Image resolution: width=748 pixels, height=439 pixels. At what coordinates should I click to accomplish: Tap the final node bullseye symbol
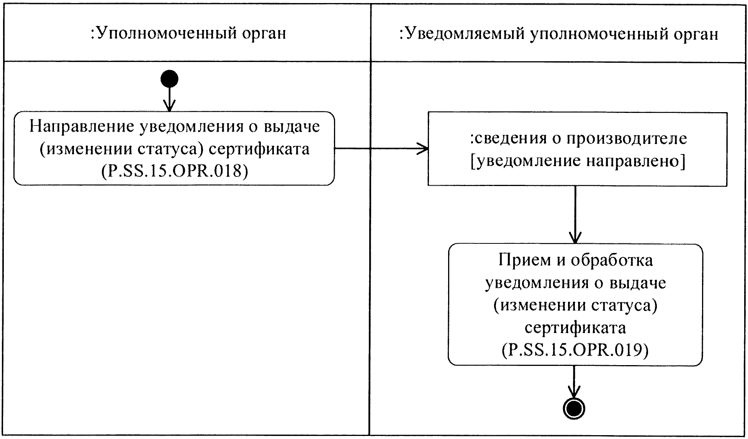(574, 409)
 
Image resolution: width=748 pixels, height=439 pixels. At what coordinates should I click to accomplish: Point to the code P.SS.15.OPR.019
(575, 350)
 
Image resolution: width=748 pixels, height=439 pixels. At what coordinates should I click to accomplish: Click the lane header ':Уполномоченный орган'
(188, 34)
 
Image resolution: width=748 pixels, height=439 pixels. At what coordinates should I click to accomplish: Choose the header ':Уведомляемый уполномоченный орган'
(558, 34)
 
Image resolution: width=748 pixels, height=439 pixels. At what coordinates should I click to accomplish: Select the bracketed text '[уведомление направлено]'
(578, 161)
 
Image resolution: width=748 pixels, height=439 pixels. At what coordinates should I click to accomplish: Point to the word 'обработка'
(612, 260)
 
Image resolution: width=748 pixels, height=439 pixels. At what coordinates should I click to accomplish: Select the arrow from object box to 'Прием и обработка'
(575, 214)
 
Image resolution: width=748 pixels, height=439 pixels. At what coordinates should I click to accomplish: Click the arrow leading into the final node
(574, 383)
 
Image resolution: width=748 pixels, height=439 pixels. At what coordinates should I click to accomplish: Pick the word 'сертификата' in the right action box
(575, 328)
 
